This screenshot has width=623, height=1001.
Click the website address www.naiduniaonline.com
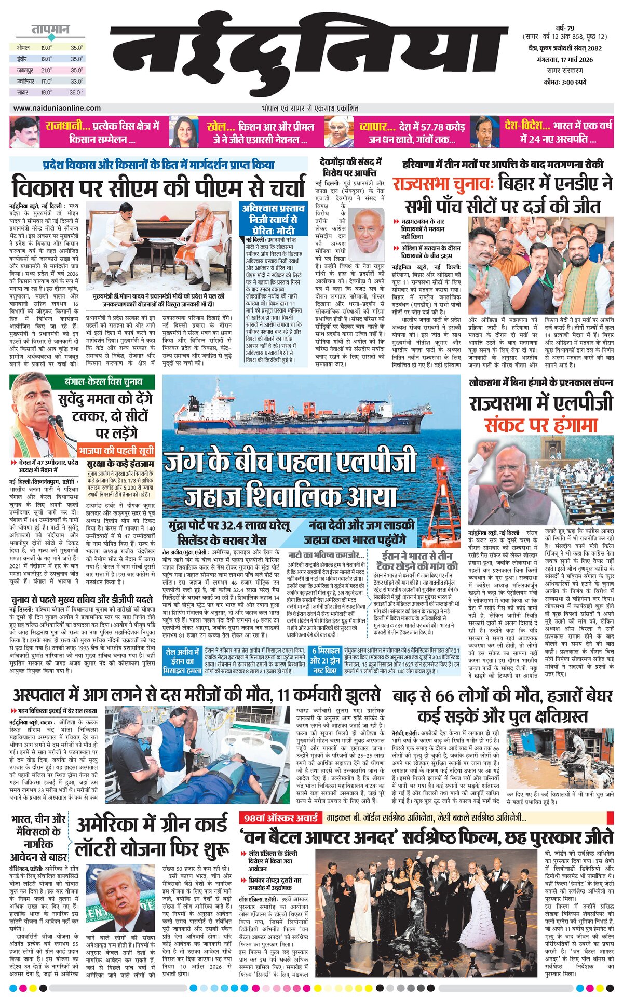57,108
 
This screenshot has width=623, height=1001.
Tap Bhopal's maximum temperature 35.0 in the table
77,47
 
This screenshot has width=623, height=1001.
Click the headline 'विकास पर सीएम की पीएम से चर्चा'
159,187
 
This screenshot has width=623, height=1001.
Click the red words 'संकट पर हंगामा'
541,426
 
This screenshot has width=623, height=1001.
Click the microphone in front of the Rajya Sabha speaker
504,501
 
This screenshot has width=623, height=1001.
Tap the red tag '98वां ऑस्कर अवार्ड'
281,818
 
